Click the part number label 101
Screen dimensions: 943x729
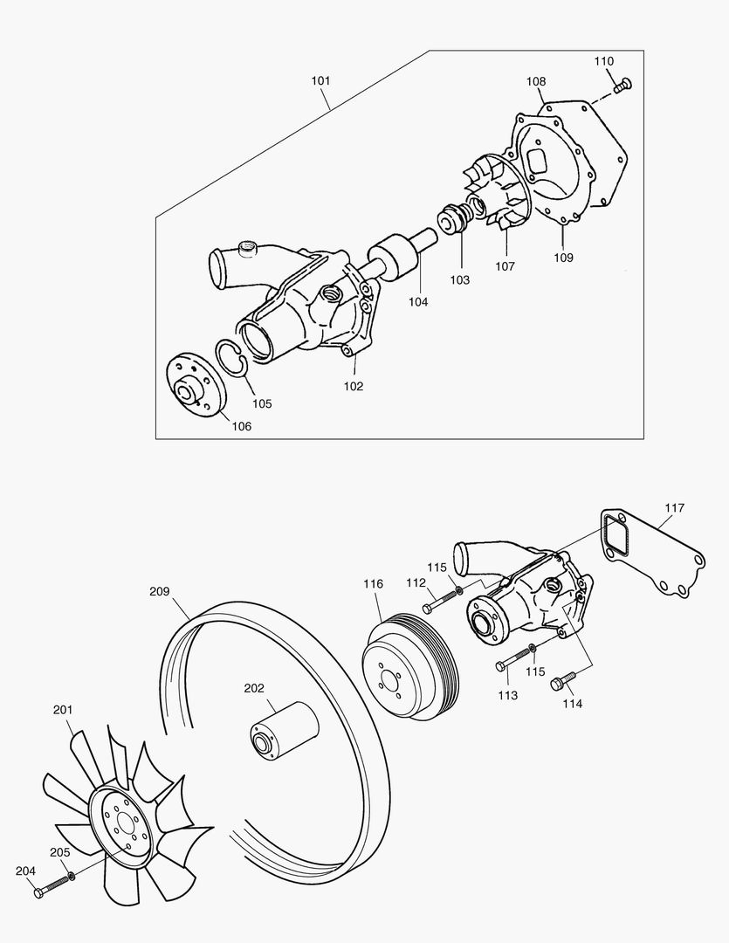point(320,81)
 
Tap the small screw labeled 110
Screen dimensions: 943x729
point(622,85)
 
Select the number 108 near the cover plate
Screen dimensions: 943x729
point(535,82)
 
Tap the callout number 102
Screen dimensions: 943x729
point(353,386)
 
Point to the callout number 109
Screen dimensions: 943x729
point(563,258)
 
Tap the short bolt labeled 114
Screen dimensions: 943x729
point(564,680)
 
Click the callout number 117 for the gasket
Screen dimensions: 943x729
point(673,507)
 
